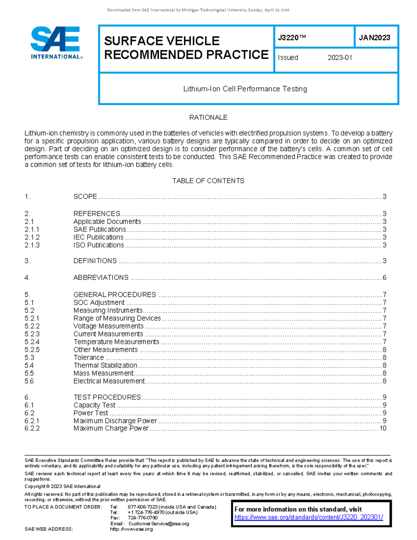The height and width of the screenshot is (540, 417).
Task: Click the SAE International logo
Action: pos(56,43)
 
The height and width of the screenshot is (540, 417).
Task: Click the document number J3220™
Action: pos(292,38)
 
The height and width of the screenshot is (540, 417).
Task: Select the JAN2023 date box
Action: pos(375,38)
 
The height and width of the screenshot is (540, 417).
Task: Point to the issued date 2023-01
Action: pos(340,58)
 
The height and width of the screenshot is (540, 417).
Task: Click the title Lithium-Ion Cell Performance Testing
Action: pos(245,89)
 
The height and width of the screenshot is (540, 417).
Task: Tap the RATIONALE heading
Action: pos(208,118)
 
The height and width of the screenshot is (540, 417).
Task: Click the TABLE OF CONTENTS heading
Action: pos(208,181)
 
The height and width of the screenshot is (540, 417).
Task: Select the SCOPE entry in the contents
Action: pos(85,196)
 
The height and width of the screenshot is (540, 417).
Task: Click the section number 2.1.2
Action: pos(32,237)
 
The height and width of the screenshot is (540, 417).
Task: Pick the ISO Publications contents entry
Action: pos(99,245)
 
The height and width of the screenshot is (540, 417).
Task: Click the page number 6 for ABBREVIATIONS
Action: pos(384,277)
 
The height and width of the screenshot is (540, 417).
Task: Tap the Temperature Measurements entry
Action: pos(116,342)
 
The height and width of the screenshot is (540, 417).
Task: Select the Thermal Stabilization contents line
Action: pos(105,365)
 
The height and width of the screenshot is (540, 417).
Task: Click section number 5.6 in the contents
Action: pos(29,381)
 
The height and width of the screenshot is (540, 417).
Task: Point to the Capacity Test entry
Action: pos(94,405)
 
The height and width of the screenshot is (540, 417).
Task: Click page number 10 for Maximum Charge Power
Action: pos(383,428)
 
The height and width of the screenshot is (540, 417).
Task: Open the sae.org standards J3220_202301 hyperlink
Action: pos(309,517)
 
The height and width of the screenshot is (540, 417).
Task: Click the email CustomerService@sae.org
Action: pos(158,524)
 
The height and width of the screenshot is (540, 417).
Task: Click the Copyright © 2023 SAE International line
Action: pos(63,486)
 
